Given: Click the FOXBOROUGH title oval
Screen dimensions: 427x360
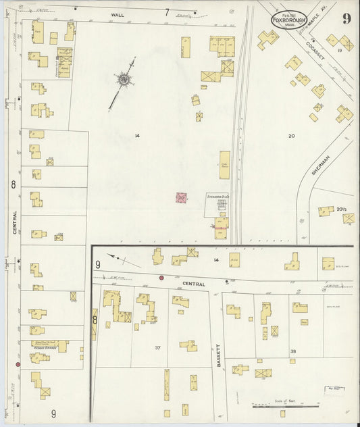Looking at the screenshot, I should pyautogui.click(x=288, y=20).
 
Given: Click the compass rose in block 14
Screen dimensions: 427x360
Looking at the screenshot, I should pyautogui.click(x=124, y=81).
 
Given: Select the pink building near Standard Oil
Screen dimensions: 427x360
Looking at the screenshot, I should pyautogui.click(x=181, y=198).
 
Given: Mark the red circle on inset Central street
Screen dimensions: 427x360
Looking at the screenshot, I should pyautogui.click(x=161, y=278).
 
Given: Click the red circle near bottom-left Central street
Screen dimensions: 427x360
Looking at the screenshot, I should pyautogui.click(x=18, y=365).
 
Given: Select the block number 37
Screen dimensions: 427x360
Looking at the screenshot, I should pyautogui.click(x=157, y=348).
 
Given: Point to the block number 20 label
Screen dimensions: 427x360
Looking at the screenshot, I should pyautogui.click(x=291, y=136).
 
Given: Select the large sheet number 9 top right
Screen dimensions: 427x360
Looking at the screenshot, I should pyautogui.click(x=346, y=18).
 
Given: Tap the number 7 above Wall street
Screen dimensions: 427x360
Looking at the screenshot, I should pyautogui.click(x=166, y=11).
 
